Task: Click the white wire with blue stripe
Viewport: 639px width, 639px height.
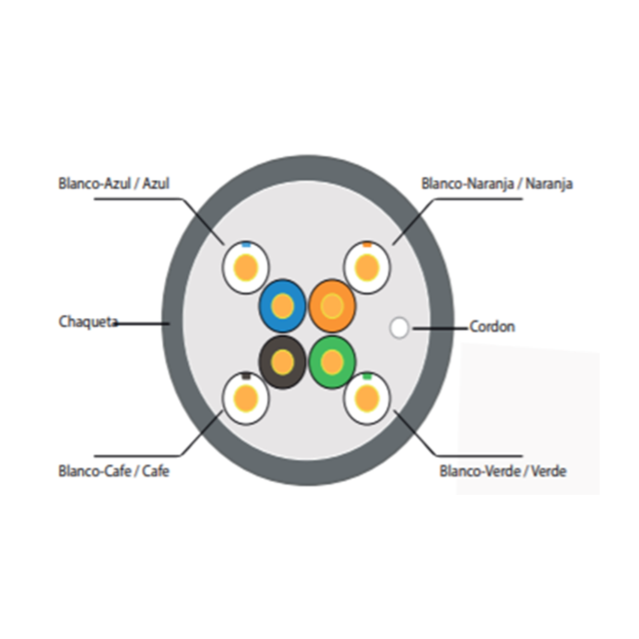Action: [x=246, y=268]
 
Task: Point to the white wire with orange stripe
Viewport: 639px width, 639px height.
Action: [x=367, y=268]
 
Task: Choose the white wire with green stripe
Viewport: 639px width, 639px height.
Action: [x=367, y=398]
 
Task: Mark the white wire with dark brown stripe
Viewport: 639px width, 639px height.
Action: [x=246, y=398]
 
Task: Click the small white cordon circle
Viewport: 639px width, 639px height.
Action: [x=399, y=328]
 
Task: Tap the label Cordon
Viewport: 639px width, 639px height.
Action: [x=492, y=326]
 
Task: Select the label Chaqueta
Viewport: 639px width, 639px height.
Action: [x=88, y=322]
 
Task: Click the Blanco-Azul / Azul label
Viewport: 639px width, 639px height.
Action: [x=114, y=183]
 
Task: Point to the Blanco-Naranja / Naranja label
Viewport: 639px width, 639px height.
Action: [x=497, y=183]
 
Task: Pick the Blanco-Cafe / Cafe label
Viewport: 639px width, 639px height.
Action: [x=114, y=471]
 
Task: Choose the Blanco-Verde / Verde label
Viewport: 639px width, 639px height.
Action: [x=503, y=471]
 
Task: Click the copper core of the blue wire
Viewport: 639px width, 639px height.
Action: [x=283, y=306]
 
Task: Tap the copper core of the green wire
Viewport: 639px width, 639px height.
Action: [x=332, y=361]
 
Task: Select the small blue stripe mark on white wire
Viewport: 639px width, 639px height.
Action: [x=246, y=245]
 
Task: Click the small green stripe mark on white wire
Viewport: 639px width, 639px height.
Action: [x=367, y=376]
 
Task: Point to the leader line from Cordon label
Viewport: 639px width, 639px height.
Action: [x=440, y=327]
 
